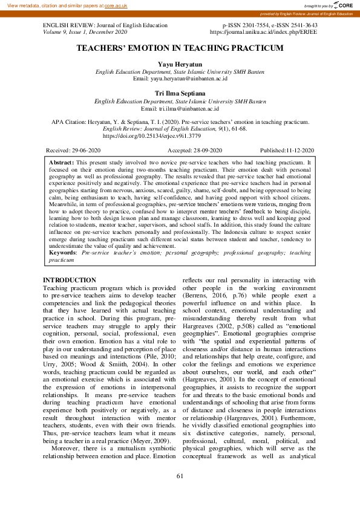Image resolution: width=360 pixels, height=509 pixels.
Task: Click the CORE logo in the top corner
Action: coord(343,5)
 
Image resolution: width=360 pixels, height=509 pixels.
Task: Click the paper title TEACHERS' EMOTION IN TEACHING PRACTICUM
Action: coord(180,47)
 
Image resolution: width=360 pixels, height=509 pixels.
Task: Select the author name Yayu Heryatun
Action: coord(180,63)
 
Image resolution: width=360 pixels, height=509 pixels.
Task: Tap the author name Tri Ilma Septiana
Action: coord(180,94)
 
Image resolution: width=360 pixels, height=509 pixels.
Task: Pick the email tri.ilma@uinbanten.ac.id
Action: coord(188,109)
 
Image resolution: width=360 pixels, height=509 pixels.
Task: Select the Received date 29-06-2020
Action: coord(86,150)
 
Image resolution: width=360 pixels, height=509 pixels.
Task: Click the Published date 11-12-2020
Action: coord(300,150)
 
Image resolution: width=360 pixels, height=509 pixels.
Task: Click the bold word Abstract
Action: coord(61,163)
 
